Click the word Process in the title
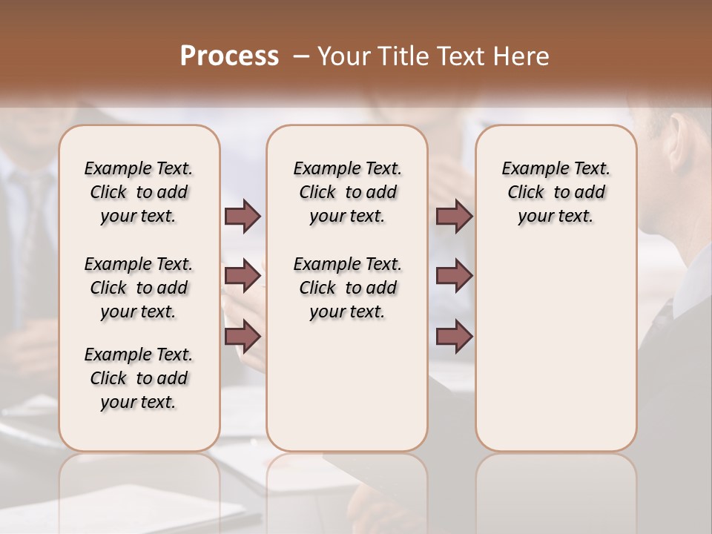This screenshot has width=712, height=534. [x=229, y=56]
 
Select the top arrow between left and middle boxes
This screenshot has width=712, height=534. [x=243, y=217]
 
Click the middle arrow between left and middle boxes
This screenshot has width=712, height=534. [x=243, y=277]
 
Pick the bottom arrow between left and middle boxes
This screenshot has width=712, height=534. [x=243, y=336]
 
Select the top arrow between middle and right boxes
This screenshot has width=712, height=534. [x=454, y=217]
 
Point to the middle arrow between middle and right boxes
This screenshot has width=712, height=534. [x=454, y=277]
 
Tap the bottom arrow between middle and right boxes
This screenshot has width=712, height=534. [x=454, y=336]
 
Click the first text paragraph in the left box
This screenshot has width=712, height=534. [x=139, y=192]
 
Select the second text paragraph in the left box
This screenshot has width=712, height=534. [x=139, y=288]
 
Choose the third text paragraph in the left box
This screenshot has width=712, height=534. [x=139, y=378]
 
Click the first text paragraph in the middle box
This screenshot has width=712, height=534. [x=347, y=192]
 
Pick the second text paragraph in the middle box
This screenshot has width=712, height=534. [x=347, y=288]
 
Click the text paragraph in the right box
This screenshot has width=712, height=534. [x=556, y=192]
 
